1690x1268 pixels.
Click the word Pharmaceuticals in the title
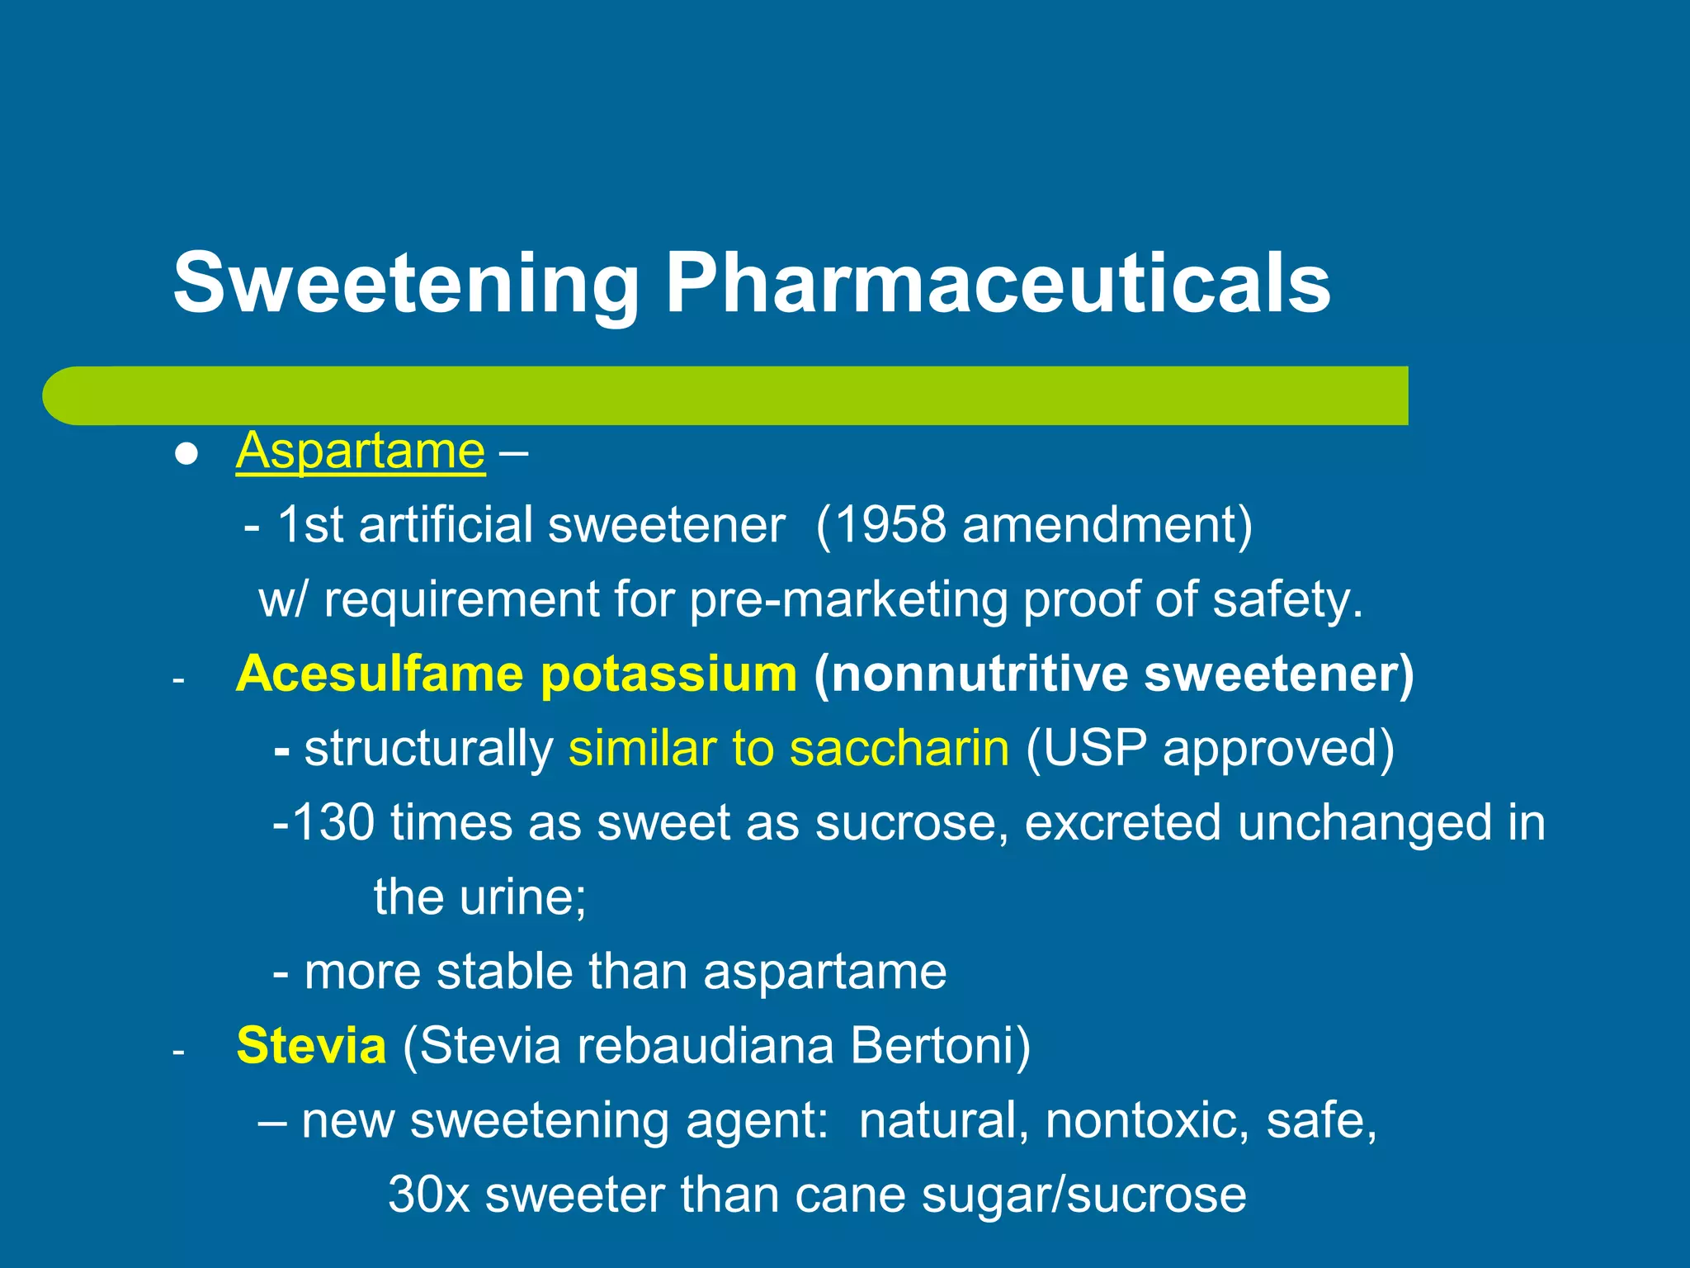click(998, 283)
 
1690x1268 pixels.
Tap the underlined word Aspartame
click(361, 452)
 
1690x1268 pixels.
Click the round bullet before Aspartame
click(187, 454)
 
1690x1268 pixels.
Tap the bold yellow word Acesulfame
click(380, 674)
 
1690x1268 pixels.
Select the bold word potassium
click(668, 674)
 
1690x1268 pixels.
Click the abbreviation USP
click(1093, 748)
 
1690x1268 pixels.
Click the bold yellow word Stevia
click(311, 1045)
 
